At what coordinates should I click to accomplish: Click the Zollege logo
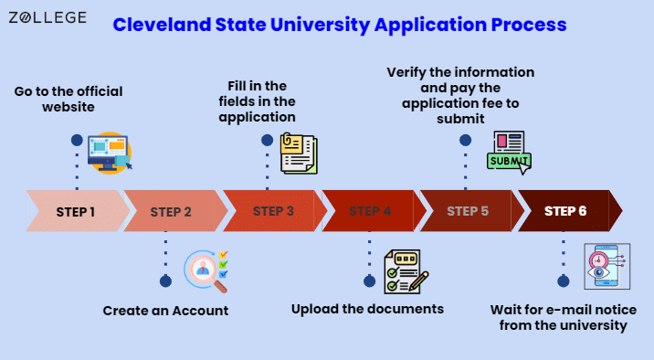tap(47, 17)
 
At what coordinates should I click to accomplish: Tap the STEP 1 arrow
tap(78, 211)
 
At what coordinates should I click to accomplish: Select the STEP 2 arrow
tap(175, 211)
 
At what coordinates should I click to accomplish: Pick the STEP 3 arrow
tap(275, 211)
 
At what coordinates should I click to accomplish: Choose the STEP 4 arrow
tap(374, 211)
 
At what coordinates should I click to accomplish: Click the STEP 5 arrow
tap(471, 211)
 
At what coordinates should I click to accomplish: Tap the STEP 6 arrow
tap(570, 211)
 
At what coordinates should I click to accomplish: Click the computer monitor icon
tap(110, 153)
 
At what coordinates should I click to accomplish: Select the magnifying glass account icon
tap(206, 271)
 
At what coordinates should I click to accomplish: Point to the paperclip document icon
tap(299, 154)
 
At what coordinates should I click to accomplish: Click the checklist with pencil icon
tap(406, 271)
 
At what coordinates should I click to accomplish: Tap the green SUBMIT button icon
tap(509, 161)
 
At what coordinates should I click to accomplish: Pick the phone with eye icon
tap(607, 267)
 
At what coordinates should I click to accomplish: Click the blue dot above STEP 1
tap(77, 140)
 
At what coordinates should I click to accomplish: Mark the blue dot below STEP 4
tap(369, 281)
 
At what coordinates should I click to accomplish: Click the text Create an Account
tap(165, 311)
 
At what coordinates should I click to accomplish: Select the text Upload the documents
tap(367, 309)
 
